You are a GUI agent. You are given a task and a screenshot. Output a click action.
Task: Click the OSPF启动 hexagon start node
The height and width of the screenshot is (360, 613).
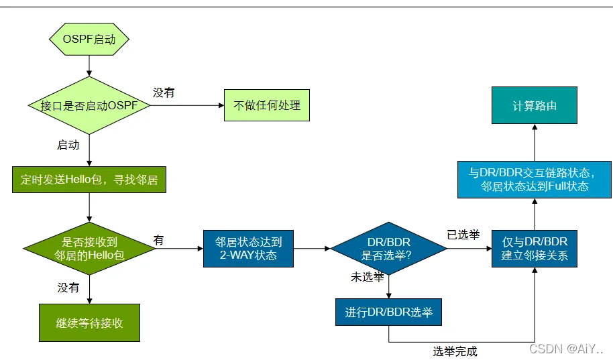(89, 39)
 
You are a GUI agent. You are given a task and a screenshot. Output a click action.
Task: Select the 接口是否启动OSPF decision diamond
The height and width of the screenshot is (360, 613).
(89, 105)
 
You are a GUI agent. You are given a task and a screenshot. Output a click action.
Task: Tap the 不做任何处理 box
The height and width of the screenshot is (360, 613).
(267, 105)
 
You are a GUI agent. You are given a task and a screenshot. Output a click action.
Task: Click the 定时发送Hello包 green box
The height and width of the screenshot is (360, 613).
(89, 180)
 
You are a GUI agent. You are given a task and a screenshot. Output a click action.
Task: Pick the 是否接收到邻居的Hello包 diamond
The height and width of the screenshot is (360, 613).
(89, 248)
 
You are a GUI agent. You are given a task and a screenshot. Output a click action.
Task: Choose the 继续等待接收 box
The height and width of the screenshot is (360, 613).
(89, 322)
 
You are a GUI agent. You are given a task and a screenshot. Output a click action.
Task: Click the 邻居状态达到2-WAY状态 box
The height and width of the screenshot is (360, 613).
(248, 249)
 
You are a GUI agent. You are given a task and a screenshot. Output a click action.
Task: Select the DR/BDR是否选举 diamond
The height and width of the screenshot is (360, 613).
(388, 248)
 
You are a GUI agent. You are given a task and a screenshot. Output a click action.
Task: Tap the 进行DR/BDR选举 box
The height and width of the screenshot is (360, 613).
(388, 312)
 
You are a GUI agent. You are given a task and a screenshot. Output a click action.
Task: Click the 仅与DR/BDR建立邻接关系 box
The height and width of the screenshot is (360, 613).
(535, 249)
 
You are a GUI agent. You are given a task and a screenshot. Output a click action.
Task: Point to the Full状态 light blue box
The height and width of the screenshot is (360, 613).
(535, 180)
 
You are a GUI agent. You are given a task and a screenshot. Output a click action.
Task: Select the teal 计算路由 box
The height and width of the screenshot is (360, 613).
(535, 105)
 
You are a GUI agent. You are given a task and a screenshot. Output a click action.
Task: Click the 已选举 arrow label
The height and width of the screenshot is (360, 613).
(463, 235)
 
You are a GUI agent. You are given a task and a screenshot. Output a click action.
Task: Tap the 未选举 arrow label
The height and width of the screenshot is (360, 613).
(368, 277)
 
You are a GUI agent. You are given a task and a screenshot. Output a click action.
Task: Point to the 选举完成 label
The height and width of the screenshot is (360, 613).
(455, 351)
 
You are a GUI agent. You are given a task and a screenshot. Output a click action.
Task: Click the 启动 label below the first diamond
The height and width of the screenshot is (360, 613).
(68, 145)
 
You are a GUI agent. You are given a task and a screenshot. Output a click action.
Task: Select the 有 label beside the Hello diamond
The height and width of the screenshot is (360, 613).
(158, 240)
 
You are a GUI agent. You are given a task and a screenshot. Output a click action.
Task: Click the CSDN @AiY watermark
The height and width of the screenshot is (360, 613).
(566, 349)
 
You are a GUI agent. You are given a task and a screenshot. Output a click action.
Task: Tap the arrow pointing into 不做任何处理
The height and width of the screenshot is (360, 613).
(187, 105)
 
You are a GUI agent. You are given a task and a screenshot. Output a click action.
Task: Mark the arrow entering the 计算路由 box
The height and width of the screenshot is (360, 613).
(535, 142)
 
